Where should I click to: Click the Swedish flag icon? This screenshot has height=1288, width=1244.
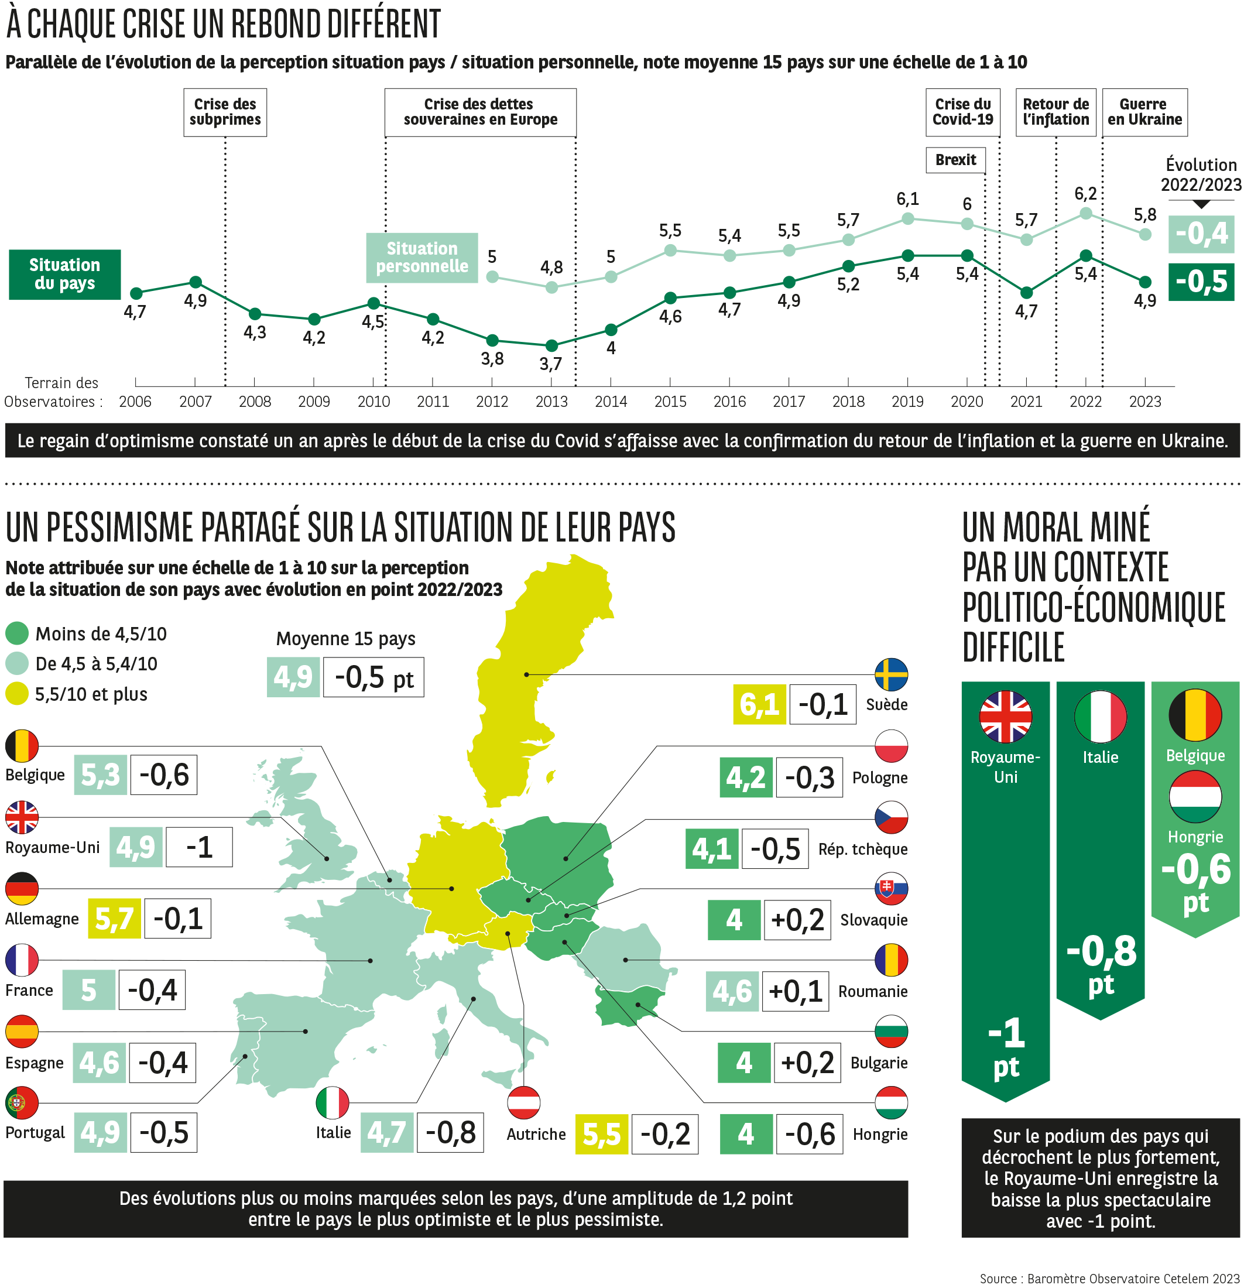[x=891, y=675]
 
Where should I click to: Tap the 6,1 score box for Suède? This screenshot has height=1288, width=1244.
[x=759, y=704]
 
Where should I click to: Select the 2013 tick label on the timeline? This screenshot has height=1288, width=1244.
[x=551, y=402]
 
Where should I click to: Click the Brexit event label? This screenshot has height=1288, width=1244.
[x=955, y=160]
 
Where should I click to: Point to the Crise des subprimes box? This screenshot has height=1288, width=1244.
[x=225, y=112]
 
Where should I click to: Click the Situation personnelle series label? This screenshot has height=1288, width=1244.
[x=422, y=258]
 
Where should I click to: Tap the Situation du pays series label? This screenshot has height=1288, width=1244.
[x=64, y=275]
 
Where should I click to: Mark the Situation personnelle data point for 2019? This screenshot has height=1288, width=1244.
[x=907, y=219]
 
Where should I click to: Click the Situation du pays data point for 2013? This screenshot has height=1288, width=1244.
[x=552, y=345]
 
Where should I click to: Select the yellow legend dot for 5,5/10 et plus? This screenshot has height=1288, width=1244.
[x=17, y=694]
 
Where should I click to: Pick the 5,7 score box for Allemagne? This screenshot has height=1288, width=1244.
[x=114, y=919]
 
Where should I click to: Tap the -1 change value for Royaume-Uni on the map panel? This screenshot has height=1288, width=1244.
[x=199, y=847]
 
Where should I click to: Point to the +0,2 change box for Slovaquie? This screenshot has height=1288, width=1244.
[x=797, y=920]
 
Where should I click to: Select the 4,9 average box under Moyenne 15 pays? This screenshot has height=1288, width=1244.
[x=293, y=677]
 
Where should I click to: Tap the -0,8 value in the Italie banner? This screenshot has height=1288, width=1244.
[x=1101, y=951]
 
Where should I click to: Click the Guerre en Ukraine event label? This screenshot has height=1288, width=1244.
[x=1144, y=112]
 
